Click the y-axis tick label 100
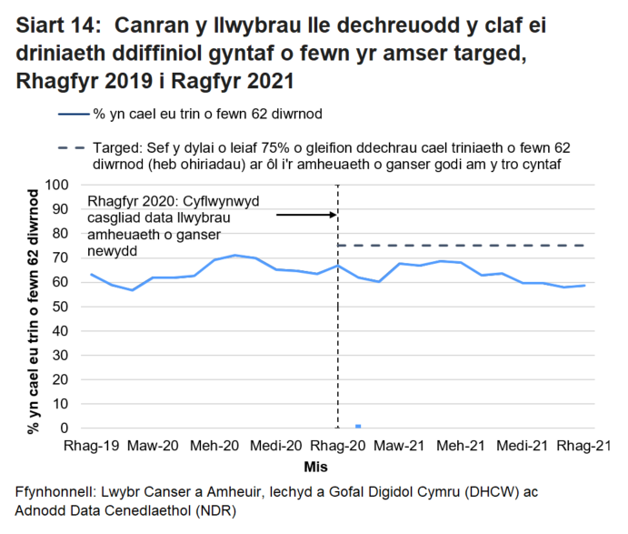click(x=58, y=185)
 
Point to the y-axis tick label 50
click(x=62, y=307)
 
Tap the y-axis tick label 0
click(x=65, y=428)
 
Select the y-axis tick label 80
click(x=62, y=234)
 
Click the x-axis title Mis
click(x=337, y=465)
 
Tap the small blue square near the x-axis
click(x=358, y=426)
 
